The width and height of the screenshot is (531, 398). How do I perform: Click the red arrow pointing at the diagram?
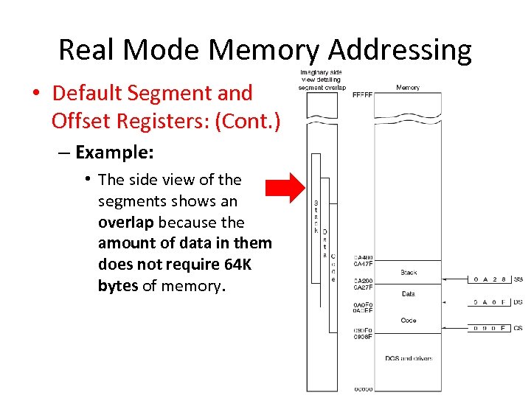285,187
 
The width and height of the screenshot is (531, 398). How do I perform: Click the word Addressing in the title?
400,50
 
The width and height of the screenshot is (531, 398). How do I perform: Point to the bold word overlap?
126,222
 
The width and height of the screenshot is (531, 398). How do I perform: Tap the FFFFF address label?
362,95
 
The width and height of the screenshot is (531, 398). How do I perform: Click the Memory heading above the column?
408,87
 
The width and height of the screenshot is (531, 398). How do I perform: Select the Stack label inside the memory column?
409,273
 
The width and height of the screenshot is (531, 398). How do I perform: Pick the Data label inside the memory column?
408,294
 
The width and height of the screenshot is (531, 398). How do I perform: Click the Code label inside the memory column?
408,321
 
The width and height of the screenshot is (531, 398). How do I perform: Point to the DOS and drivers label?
408,358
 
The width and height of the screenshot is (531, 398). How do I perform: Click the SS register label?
518,280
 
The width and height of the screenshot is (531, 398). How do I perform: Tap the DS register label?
518,302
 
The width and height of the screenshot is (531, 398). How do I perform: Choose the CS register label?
518,328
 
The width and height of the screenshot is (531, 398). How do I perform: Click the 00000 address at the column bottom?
363,388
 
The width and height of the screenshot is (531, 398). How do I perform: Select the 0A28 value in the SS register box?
490,280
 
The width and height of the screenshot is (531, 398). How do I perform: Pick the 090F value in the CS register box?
490,328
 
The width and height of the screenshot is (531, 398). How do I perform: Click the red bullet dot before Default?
35,94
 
